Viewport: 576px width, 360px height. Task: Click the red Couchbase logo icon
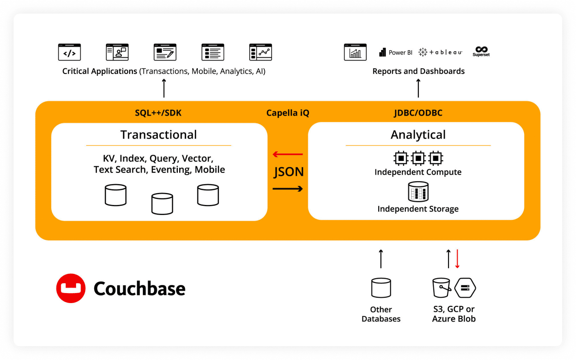71,288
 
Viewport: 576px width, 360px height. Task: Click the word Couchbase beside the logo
139,288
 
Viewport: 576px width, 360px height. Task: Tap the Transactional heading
158,135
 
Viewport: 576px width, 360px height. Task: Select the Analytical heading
418,135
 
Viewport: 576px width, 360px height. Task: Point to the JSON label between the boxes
288,172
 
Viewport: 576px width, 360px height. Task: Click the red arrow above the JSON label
288,155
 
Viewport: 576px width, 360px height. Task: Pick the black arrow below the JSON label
288,189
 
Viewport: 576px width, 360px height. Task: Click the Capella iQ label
288,113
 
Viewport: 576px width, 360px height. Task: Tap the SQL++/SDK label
158,113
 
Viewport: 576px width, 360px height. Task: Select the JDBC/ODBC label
418,113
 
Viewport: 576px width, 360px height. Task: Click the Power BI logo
395,52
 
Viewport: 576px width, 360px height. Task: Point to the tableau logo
440,52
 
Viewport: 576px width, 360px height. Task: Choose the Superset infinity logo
481,51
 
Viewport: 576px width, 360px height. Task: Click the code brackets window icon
69,52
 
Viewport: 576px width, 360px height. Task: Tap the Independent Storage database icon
418,191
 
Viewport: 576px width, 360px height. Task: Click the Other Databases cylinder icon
381,288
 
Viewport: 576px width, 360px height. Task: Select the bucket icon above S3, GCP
441,288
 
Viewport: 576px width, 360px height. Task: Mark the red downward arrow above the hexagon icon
457,259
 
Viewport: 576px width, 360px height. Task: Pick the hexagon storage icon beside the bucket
465,288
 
